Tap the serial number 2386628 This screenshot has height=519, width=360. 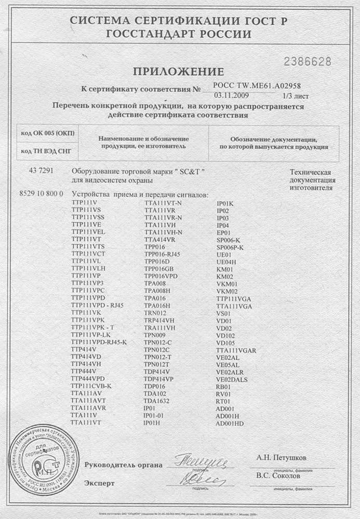[307, 62]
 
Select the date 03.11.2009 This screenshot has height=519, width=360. [232, 96]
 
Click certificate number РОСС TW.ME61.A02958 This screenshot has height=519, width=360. [257, 86]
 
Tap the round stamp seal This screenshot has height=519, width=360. [44, 460]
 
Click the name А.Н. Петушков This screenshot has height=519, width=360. [281, 458]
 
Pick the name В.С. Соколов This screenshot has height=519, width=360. [278, 475]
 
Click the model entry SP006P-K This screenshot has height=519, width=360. [230, 248]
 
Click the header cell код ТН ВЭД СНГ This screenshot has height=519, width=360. [46, 151]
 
